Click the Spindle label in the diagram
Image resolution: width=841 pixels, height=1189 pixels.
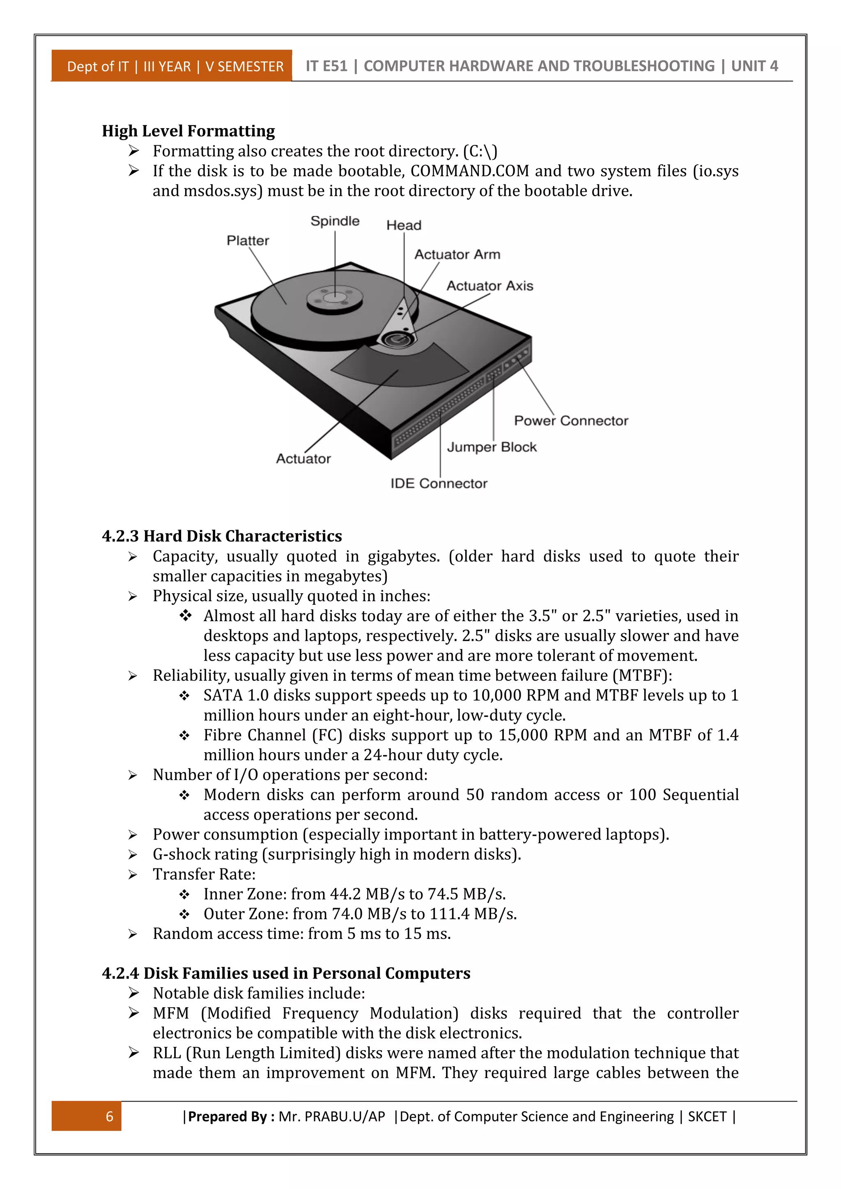335,221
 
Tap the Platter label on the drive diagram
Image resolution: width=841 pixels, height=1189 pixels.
248,241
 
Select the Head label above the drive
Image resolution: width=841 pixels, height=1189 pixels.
404,225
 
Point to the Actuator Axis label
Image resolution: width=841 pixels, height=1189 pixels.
489,286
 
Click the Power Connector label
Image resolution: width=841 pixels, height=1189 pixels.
571,420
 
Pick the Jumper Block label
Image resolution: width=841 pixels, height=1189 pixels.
492,447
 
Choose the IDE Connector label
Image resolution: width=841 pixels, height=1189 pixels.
439,483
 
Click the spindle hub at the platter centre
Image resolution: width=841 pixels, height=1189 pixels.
335,299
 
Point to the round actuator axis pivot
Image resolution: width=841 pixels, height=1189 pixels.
398,339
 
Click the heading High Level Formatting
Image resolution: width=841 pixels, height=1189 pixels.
188,131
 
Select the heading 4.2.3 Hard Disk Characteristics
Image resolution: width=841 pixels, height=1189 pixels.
222,536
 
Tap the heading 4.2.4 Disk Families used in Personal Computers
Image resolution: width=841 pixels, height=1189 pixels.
286,973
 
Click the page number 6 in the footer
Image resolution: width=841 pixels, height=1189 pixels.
109,1116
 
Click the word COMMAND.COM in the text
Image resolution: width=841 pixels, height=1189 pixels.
470,171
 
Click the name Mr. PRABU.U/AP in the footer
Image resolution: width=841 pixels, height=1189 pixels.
331,1116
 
